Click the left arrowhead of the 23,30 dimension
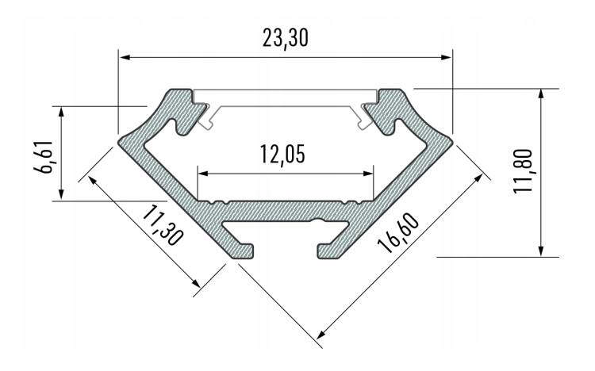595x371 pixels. [x=125, y=57]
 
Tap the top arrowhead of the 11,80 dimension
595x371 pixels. [x=541, y=92]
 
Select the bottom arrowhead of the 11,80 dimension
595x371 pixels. [x=541, y=252]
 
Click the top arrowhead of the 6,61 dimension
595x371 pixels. [x=62, y=108]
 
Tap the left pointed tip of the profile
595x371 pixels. [x=121, y=142]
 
